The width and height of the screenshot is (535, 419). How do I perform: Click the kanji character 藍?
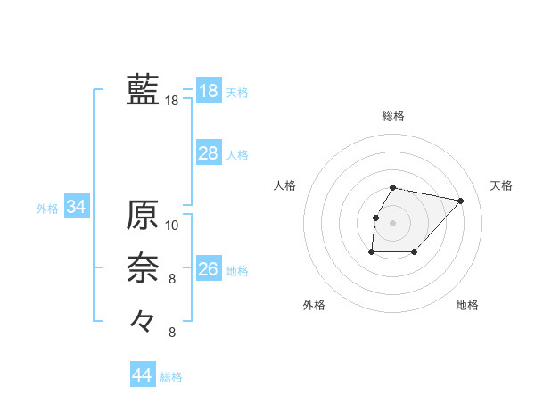(143, 91)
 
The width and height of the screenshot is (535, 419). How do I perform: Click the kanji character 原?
(143, 215)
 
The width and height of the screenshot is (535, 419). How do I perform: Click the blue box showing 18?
(208, 91)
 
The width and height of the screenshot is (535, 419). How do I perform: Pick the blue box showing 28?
(208, 153)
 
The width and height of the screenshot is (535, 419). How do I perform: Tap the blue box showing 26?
(208, 269)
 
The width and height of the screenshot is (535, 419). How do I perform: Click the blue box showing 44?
(142, 375)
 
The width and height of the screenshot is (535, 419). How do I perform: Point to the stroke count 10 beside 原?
(172, 226)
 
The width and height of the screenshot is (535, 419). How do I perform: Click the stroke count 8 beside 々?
(172, 333)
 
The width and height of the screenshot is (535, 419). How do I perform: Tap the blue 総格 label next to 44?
(171, 377)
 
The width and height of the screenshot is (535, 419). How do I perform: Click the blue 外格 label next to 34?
(47, 209)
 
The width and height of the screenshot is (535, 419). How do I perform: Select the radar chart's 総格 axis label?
(393, 117)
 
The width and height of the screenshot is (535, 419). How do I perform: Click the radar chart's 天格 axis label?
(502, 185)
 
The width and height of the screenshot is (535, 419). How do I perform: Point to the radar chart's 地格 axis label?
(467, 305)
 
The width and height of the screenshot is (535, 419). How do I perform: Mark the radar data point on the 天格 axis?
(460, 201)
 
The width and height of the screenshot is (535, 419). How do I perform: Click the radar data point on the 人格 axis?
(375, 218)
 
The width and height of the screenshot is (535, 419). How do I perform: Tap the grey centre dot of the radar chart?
(393, 224)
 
